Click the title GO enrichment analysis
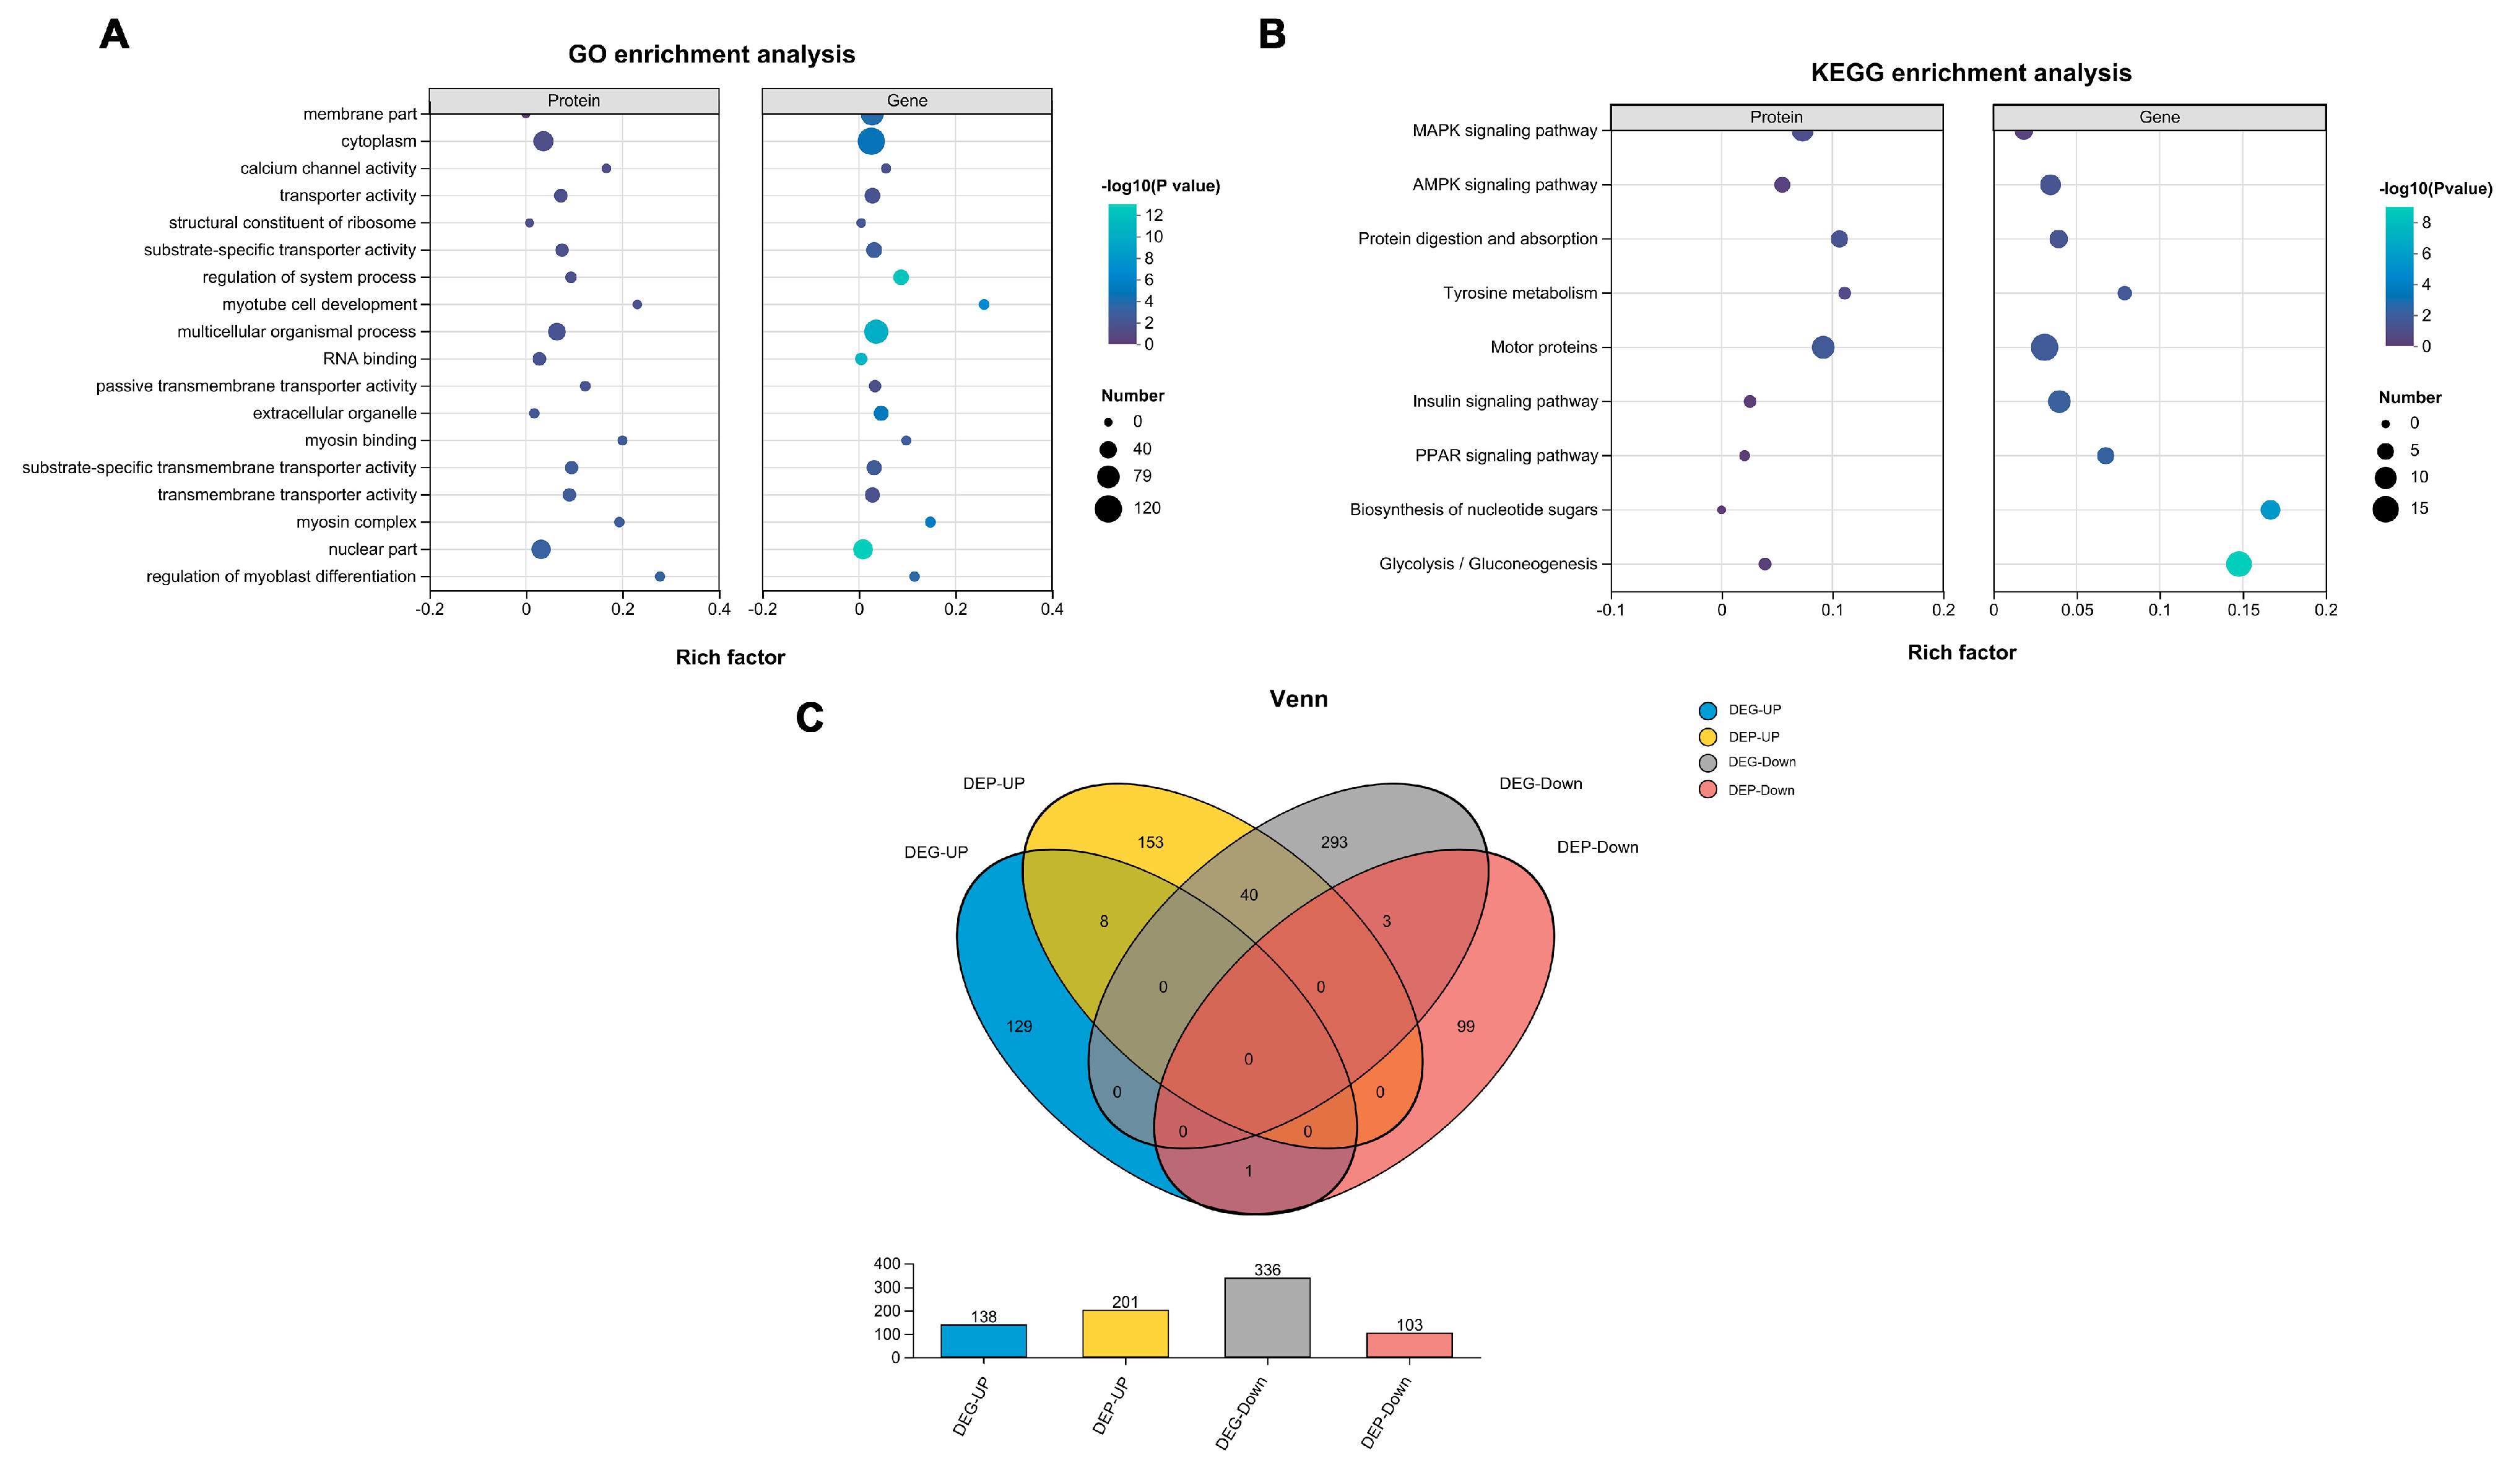[x=711, y=54]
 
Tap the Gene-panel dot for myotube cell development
[x=983, y=305]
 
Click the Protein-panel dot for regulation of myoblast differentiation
[x=659, y=576]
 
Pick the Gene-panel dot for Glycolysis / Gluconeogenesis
[x=2238, y=564]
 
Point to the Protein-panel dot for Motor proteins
[x=1823, y=347]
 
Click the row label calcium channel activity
[x=328, y=169]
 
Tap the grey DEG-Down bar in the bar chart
[x=1267, y=1317]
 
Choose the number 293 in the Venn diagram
[x=1334, y=842]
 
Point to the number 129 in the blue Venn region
[x=1019, y=1027]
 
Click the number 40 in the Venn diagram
[x=1249, y=895]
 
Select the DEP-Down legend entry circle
[x=1707, y=790]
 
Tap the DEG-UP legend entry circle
[x=1707, y=710]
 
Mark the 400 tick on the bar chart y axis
[x=887, y=1263]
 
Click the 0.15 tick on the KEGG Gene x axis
[x=2243, y=610]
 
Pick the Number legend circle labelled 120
[x=1108, y=508]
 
